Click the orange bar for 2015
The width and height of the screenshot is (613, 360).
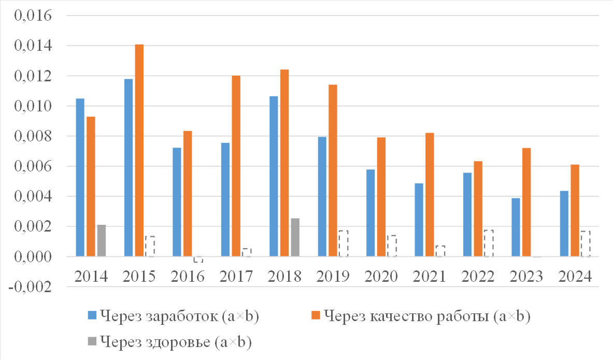pos(139,150)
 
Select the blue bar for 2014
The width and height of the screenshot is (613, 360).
pos(80,177)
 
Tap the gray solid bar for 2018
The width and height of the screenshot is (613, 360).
pos(295,237)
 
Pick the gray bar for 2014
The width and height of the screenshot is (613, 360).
pos(102,240)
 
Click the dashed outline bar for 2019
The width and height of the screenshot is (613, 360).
pos(343,243)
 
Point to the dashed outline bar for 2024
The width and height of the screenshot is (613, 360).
pos(586,243)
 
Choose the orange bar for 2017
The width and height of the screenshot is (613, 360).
pos(236,166)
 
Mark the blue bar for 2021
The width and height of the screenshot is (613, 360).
pos(419,220)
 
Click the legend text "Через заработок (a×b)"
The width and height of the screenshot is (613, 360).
pos(179,316)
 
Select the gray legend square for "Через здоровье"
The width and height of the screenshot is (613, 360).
pos(92,341)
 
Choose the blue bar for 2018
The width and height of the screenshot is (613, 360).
pos(274,176)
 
